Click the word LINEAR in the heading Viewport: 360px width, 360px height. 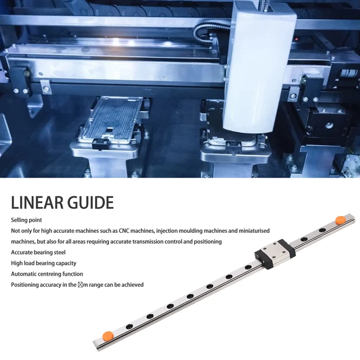[41, 202]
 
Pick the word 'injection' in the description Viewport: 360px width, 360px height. [174, 231]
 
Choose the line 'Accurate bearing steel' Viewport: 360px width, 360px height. [38, 252]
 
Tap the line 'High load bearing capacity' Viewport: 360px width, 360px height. [43, 263]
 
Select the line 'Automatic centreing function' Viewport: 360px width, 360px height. [47, 274]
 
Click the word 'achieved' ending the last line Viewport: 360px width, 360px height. [132, 285]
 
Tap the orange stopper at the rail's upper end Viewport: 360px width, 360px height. [339, 219]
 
